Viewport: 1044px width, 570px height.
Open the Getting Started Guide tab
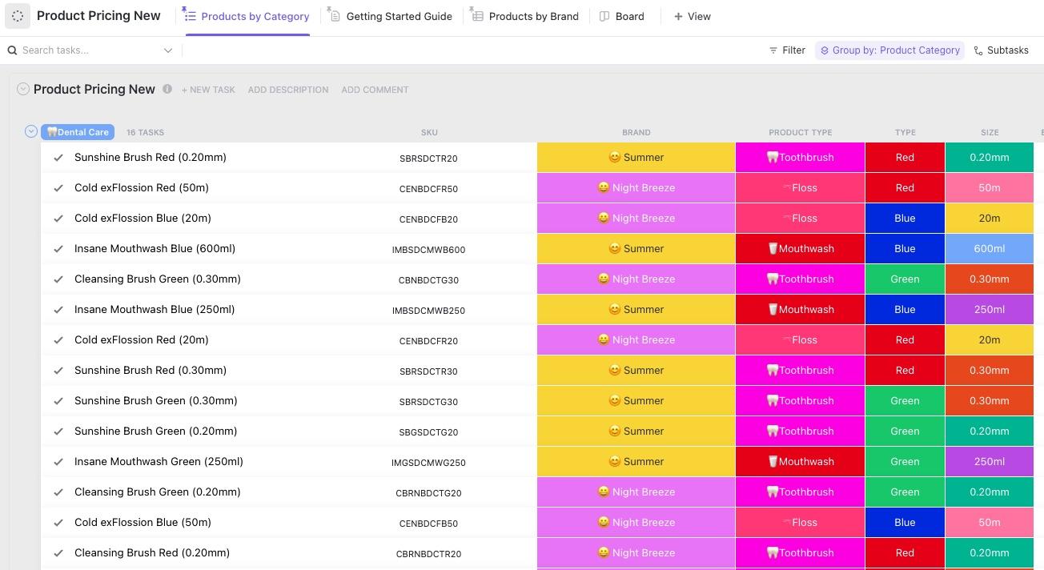399,16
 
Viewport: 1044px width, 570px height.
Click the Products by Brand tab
533,16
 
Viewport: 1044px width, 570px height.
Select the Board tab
629,16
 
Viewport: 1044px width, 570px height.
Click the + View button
693,16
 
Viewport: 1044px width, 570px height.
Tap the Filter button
787,50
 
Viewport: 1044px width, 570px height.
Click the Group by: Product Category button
889,50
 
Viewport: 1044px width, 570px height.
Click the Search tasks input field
88,50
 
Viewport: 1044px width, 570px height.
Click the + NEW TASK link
208,90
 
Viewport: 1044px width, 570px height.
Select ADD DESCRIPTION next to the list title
288,90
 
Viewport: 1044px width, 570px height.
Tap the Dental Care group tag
78,132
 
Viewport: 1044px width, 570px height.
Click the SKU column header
429,132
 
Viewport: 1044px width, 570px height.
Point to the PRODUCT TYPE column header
800,132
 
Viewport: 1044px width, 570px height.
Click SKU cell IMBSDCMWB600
428,249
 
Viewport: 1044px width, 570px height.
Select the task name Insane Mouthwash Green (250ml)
159,461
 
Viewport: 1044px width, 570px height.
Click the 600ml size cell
989,248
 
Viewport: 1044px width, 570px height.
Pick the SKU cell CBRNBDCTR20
428,553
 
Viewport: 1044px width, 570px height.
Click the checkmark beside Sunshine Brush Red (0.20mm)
58,158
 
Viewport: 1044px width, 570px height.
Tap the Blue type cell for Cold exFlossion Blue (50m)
905,522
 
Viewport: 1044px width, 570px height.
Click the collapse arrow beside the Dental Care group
31,131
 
